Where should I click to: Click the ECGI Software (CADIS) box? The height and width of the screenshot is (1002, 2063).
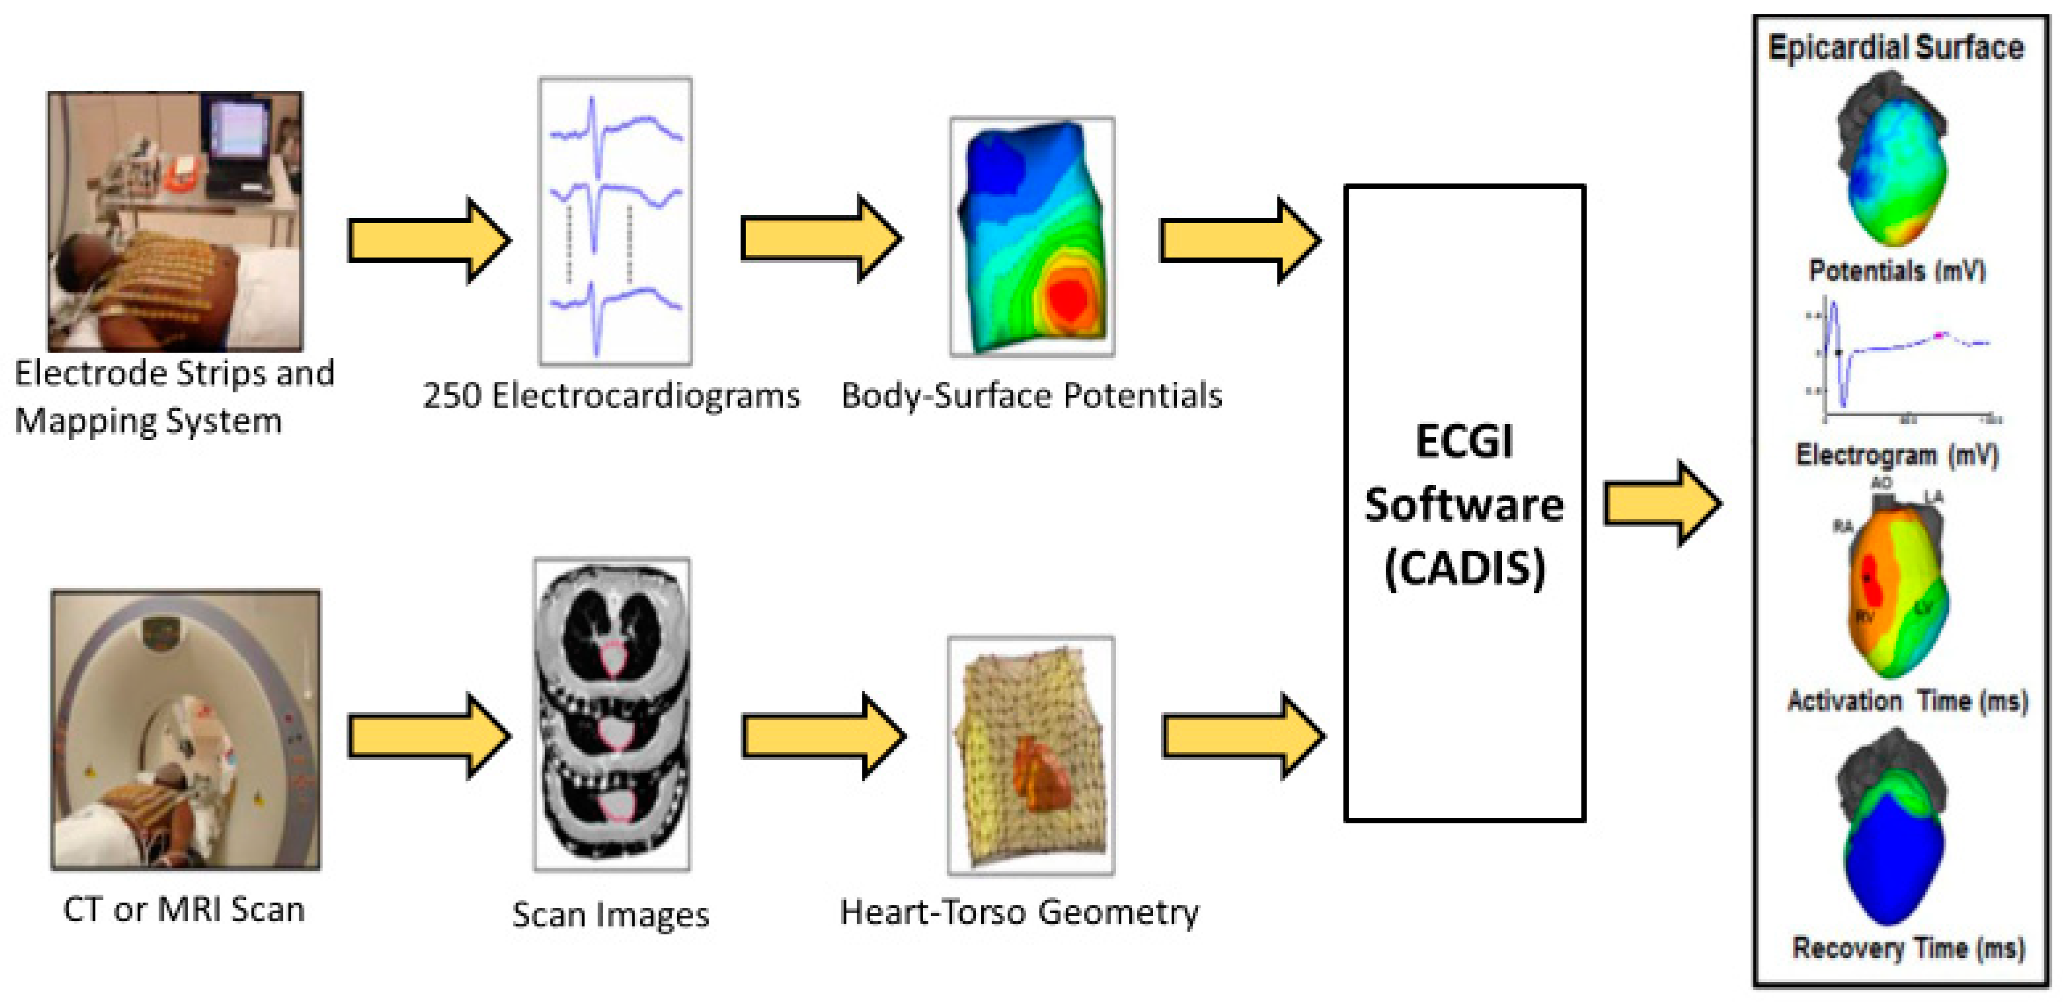click(x=1464, y=503)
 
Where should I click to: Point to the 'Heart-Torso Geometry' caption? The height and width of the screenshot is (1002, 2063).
click(x=1019, y=912)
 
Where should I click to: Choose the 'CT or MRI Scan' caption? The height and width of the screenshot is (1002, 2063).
click(x=184, y=909)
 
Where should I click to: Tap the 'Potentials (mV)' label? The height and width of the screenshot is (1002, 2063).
click(x=1897, y=271)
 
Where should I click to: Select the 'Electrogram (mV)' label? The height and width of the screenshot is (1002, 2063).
click(x=1897, y=455)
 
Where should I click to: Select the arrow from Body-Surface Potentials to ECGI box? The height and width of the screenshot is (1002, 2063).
click(x=1240, y=240)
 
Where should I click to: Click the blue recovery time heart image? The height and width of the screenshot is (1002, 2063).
click(x=1893, y=857)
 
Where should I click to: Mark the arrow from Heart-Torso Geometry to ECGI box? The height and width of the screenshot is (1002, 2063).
click(x=1242, y=736)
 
